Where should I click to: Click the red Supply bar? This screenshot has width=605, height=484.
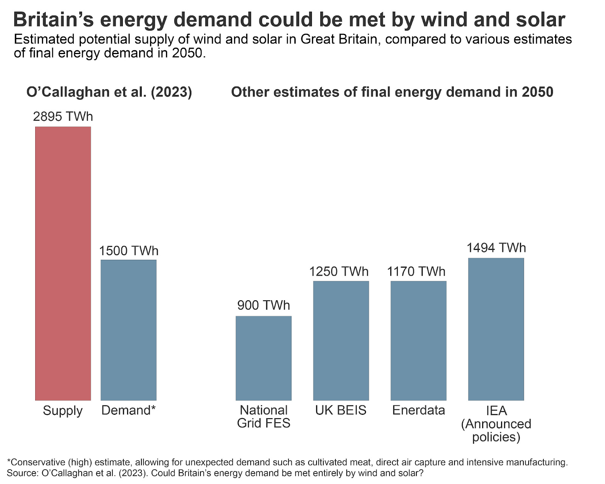[63, 264]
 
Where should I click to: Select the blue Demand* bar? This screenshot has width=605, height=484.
[129, 330]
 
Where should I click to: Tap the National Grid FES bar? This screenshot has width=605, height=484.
[264, 358]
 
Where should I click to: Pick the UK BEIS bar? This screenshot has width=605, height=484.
[341, 341]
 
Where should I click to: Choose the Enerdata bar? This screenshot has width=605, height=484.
[419, 341]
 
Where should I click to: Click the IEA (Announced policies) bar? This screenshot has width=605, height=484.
[496, 329]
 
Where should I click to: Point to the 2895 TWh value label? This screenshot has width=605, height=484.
[63, 116]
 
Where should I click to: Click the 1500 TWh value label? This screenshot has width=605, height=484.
[129, 251]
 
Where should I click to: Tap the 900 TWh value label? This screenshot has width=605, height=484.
[264, 305]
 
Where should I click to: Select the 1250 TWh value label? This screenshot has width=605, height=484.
[339, 271]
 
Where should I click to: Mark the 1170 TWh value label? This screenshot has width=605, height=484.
[416, 271]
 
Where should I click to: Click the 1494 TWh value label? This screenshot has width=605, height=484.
[496, 248]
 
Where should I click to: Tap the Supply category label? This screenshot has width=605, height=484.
[63, 411]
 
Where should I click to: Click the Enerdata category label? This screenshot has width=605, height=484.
[419, 410]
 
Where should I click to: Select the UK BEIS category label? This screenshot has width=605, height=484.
[341, 410]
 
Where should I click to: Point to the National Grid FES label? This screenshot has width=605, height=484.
[264, 416]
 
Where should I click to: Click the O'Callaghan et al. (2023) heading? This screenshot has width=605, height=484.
[109, 92]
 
